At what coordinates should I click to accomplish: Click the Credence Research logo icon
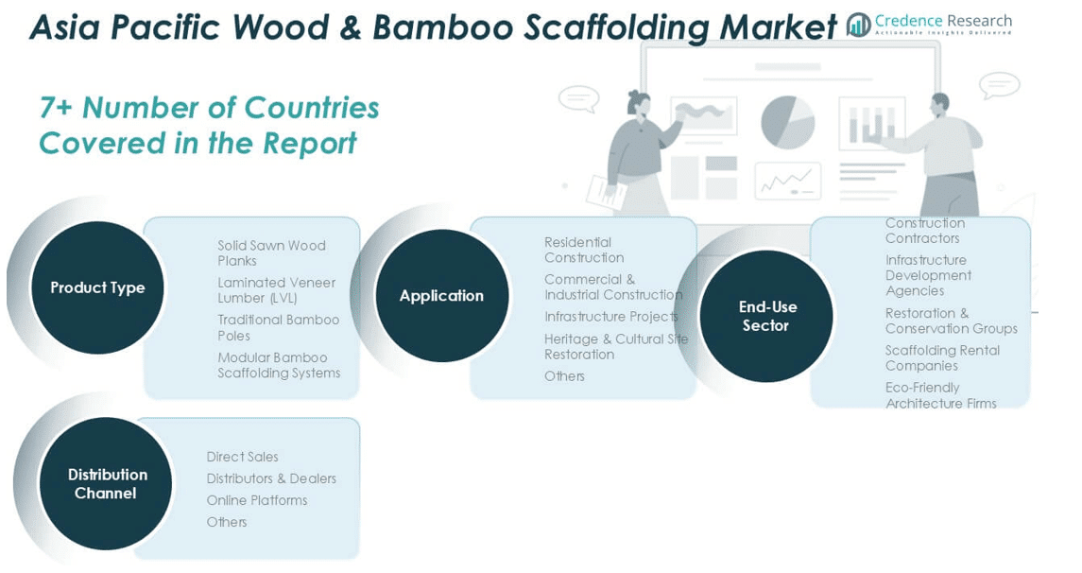[859, 25]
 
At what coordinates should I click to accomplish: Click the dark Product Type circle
[97, 287]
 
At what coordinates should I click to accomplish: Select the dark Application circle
[441, 296]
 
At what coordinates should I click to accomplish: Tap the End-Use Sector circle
[766, 316]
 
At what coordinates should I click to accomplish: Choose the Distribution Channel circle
[107, 483]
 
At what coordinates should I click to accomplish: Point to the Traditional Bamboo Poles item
[278, 327]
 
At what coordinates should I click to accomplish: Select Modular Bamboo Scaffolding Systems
[279, 365]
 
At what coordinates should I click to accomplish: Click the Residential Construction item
[584, 250]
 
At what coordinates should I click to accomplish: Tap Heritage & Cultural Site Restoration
[616, 346]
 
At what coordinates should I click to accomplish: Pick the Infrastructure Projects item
[610, 317]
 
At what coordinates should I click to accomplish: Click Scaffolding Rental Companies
[942, 357]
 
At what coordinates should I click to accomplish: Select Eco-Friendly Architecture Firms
[940, 395]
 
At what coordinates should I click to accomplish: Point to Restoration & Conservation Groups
[951, 321]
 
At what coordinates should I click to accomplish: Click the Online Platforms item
[257, 500]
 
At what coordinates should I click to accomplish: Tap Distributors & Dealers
[271, 478]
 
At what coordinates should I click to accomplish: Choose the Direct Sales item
[243, 457]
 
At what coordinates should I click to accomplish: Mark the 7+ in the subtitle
[55, 108]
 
